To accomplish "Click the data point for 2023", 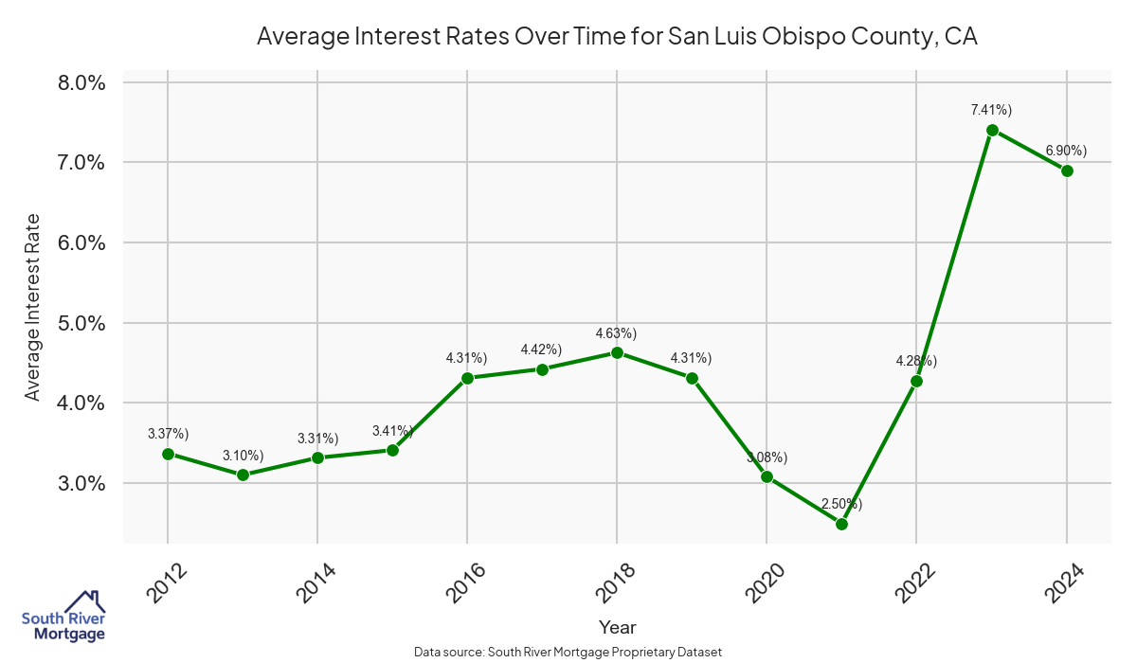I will point(992,131).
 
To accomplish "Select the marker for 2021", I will point(841,524).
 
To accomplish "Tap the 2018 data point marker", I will point(617,352).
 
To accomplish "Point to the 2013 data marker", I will point(243,475).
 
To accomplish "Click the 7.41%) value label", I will point(991,111).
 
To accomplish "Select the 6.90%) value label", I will point(1066,151).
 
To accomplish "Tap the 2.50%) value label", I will point(841,504).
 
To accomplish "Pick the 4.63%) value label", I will point(616,333).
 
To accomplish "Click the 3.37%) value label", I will point(168,434).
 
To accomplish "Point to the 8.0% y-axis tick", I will point(82,82).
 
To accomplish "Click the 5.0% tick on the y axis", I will point(82,323).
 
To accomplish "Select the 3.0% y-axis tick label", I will point(82,483).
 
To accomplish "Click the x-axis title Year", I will point(618,627).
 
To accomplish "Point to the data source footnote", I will point(568,653).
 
